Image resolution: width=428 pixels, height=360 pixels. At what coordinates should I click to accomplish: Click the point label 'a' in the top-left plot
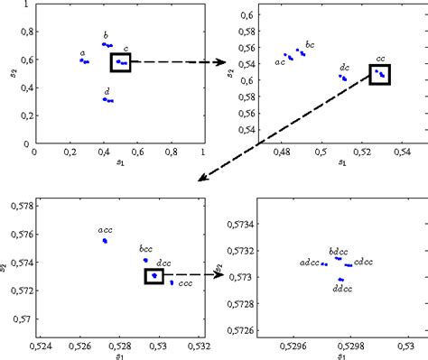point(82,53)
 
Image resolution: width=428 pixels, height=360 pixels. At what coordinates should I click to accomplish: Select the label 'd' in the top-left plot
point(107,91)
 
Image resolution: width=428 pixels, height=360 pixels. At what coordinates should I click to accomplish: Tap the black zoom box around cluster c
point(121,62)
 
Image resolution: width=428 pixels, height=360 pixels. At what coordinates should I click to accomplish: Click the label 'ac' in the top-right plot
point(280,63)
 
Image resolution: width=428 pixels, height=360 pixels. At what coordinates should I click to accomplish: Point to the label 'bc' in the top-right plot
point(310,44)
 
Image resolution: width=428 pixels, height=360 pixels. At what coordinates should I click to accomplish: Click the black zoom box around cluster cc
point(380,74)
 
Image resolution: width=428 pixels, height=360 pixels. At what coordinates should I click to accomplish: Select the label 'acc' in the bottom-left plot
point(105,231)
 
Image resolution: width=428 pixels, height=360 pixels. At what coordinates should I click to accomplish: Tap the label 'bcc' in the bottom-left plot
point(145,249)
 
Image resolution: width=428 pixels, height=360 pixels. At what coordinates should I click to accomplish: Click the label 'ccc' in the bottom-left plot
point(186,283)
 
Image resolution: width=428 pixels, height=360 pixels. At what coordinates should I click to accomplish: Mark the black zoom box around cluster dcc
point(154,276)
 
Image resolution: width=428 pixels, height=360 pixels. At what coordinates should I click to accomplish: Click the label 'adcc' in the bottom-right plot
point(308,263)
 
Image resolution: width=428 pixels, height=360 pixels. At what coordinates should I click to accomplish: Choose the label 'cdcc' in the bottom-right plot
point(364,263)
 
